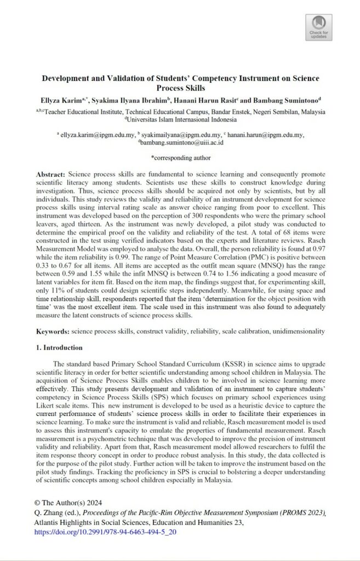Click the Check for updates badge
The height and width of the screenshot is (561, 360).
(x=319, y=27)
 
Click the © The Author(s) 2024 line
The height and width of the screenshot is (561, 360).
(x=68, y=503)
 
